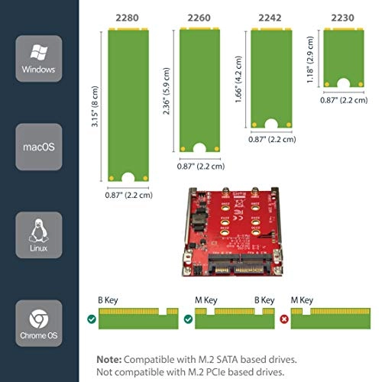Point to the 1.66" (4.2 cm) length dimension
pos(242,76)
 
